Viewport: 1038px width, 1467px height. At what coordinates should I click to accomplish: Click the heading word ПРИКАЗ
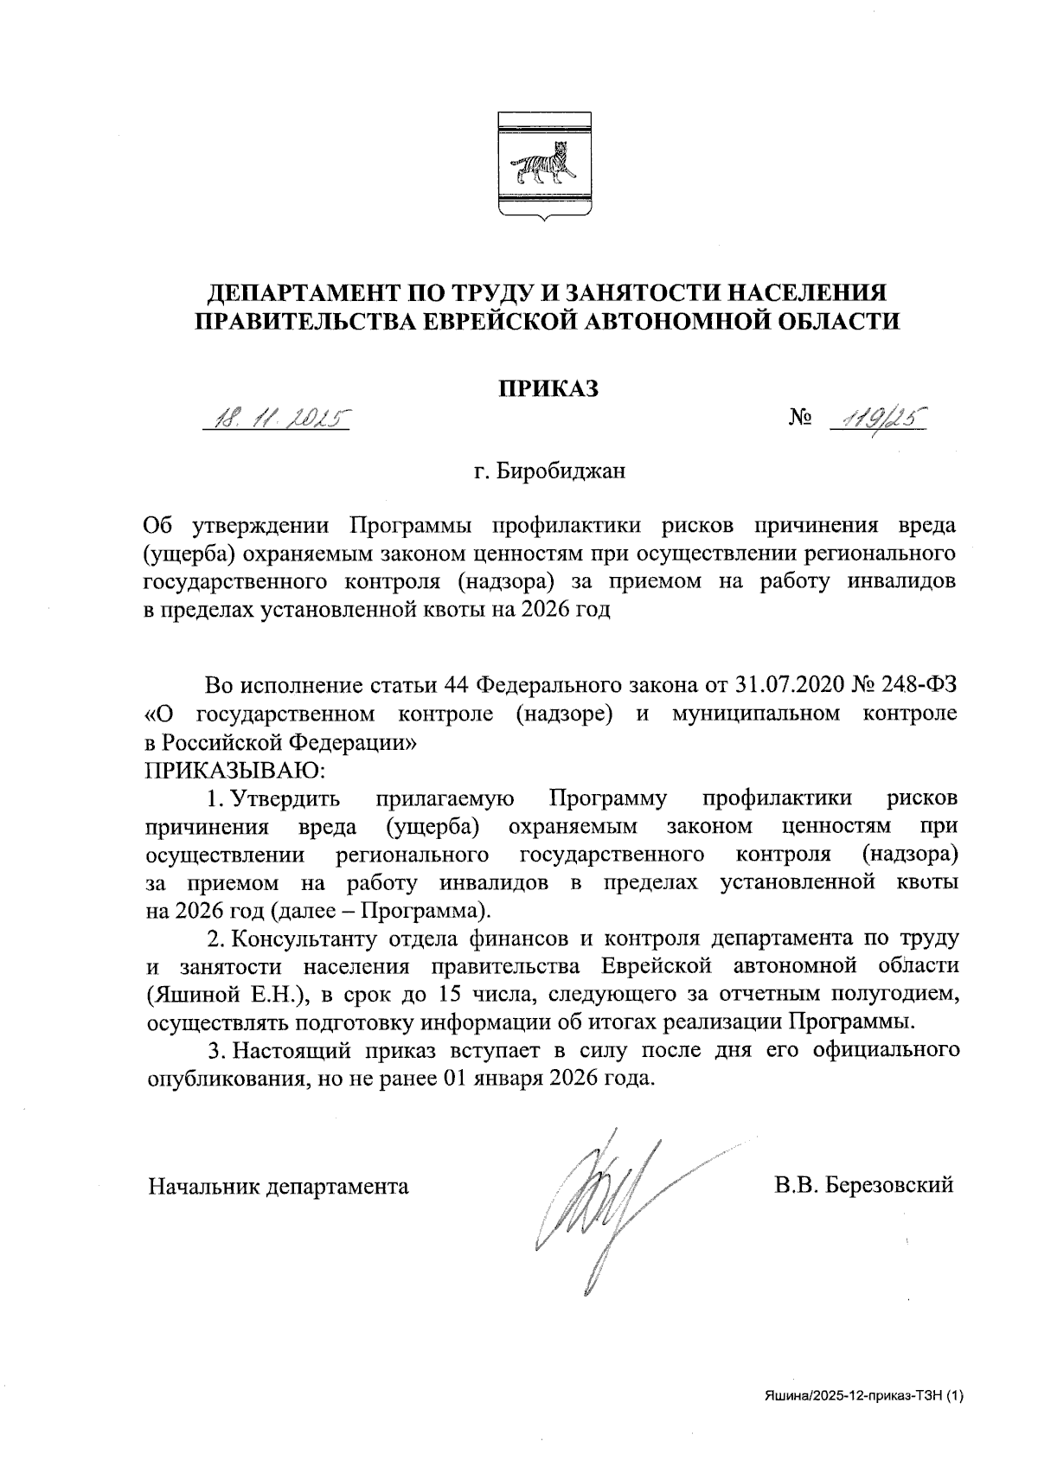(547, 388)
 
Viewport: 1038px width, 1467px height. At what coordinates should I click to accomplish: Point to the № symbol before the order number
(801, 420)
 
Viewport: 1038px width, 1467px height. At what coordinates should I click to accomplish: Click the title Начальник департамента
(279, 1186)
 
